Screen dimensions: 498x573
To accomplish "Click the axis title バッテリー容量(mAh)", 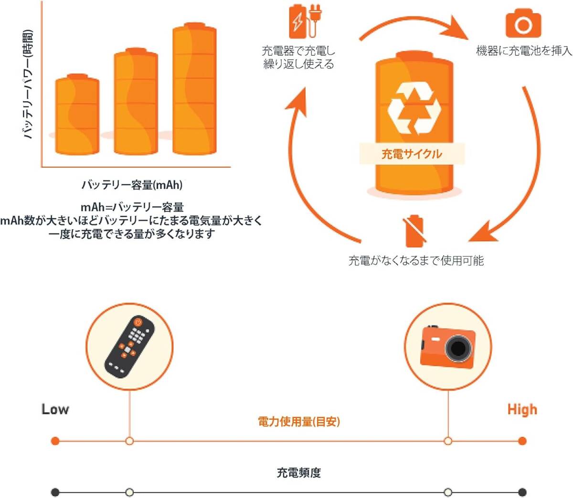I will pyautogui.click(x=132, y=185).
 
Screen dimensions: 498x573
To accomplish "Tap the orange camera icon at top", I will pyautogui.click(x=523, y=23).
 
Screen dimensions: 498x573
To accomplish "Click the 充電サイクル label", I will pyautogui.click(x=412, y=154).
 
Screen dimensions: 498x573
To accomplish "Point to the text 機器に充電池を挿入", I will pyautogui.click(x=524, y=51).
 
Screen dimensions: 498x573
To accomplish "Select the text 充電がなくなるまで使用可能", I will pyautogui.click(x=416, y=261).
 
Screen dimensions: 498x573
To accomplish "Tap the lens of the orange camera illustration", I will pyautogui.click(x=457, y=347).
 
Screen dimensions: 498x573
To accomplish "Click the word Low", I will pyautogui.click(x=55, y=409).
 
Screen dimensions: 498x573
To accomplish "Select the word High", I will pyautogui.click(x=522, y=410).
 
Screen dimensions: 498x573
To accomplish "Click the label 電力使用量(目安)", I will pyautogui.click(x=299, y=422).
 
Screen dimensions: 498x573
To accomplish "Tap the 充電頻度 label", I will pyautogui.click(x=299, y=473).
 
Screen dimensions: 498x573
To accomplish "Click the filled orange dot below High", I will pyautogui.click(x=522, y=441).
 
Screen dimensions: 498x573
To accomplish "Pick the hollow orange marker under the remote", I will pyautogui.click(x=129, y=441).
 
